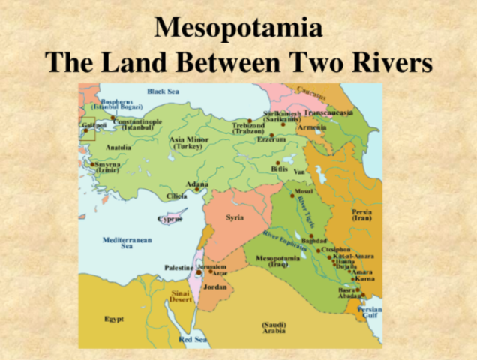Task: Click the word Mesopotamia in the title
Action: click(238, 28)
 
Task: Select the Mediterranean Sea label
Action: click(127, 242)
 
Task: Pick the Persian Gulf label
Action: click(370, 313)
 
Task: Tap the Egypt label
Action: click(114, 319)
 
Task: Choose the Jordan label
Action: click(216, 286)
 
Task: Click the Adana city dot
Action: click(197, 190)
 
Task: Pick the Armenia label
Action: click(313, 128)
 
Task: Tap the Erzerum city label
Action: click(272, 139)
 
